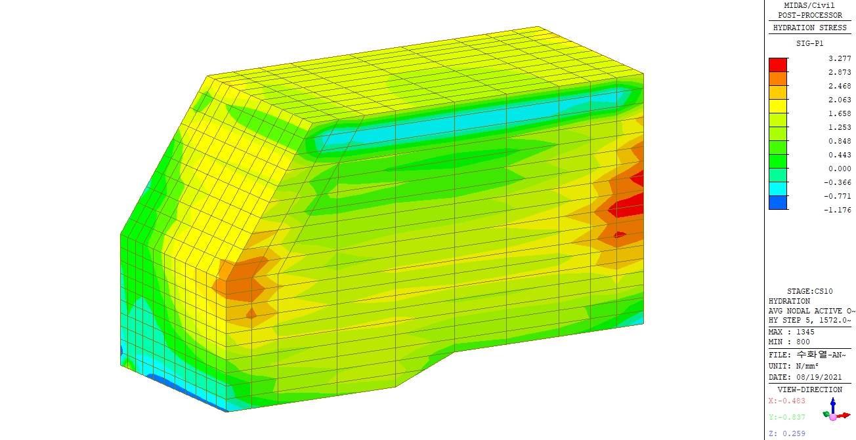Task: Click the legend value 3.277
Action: point(840,58)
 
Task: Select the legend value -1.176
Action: point(837,210)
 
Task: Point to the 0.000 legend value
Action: point(840,169)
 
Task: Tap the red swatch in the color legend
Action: point(778,65)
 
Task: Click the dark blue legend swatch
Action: point(778,203)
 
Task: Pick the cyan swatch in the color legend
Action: point(778,189)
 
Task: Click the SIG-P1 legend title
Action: point(810,43)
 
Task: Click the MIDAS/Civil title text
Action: point(809,5)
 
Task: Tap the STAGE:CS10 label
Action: point(810,291)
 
